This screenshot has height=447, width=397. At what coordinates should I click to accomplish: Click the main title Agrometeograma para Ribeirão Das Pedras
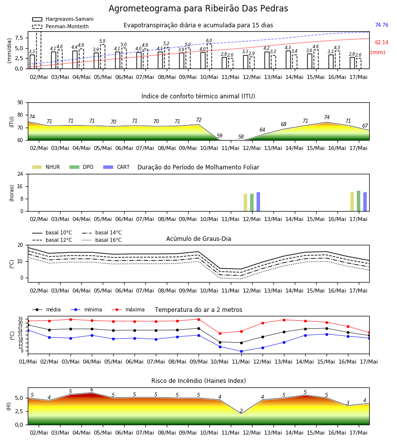[198, 8]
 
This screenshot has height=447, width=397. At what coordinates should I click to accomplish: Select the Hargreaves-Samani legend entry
[63, 19]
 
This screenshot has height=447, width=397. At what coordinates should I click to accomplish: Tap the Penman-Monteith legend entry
[61, 26]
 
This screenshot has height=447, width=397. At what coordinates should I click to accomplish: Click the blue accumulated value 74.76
[382, 25]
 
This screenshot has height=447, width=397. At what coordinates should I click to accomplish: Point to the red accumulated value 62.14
[382, 43]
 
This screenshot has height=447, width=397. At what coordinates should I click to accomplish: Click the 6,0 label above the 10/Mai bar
[209, 41]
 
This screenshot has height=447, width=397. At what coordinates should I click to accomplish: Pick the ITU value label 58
[241, 137]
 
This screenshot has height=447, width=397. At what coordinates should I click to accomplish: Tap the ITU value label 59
[219, 136]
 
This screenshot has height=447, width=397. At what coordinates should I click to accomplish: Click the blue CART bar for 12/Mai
[259, 202]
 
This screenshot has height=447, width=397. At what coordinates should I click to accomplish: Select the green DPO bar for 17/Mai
[359, 201]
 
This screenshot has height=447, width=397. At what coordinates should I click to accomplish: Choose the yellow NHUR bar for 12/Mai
[246, 203]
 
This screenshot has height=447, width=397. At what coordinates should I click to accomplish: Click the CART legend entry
[117, 167]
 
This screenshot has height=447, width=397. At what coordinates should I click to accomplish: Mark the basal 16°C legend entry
[102, 240]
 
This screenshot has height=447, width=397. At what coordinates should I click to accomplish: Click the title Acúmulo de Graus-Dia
[198, 239]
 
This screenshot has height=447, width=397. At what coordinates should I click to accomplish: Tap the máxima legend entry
[128, 309]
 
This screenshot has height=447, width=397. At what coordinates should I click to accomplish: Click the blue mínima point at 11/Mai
[241, 352]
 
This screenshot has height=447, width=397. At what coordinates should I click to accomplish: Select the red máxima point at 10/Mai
[220, 334]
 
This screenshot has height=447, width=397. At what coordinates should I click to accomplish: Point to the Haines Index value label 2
[241, 411]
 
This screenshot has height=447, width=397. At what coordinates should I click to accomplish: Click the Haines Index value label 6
[92, 390]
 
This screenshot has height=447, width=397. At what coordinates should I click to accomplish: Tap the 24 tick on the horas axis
[20, 174]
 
